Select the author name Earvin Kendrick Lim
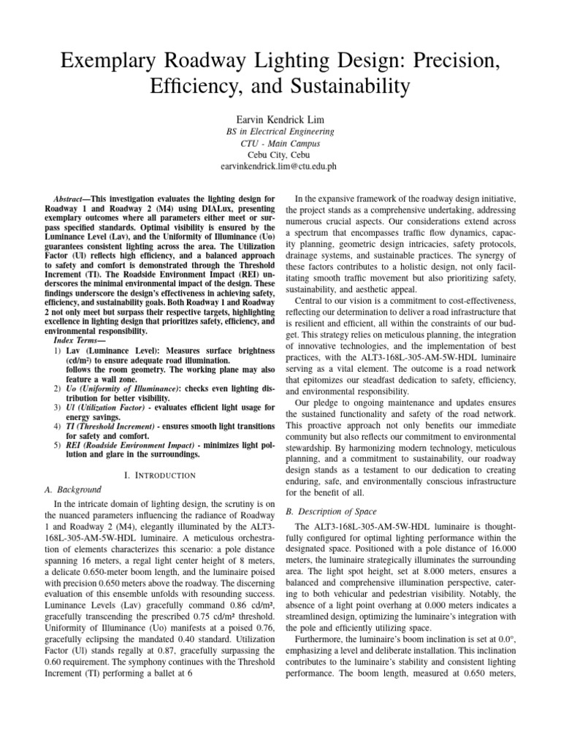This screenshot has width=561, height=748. [280, 119]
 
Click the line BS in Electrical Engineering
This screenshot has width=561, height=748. [280, 132]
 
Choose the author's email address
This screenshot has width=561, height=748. [280, 167]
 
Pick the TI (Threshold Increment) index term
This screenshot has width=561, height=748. [117, 425]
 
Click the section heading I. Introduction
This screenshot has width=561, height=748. [159, 476]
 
